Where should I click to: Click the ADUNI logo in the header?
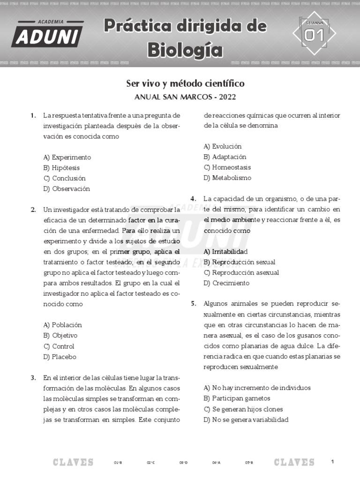47,33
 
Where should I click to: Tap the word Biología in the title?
185,49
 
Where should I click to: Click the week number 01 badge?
314,34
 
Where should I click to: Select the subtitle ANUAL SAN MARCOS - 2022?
185,97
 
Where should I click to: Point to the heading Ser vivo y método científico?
185,83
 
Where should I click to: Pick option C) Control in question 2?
59,346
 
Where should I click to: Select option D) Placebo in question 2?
60,357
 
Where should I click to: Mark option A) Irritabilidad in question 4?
225,252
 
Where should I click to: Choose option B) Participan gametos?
237,398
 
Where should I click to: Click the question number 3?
33,377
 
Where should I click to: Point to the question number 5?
193,303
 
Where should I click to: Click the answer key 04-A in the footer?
216,463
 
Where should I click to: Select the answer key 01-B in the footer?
118,463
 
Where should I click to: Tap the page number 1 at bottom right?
332,462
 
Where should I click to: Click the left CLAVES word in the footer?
73,463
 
